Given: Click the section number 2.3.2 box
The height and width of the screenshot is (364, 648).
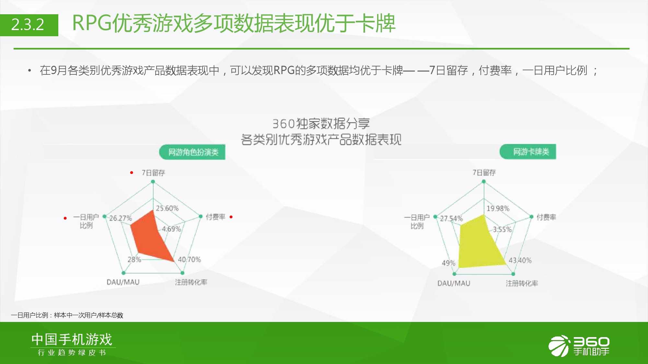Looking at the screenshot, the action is tap(29, 25).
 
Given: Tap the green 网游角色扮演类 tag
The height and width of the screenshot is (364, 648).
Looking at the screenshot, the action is tap(192, 152).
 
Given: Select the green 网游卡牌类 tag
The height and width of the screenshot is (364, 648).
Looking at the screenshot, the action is tap(528, 152).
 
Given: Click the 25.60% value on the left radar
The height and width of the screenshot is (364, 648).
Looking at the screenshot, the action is tap(167, 208).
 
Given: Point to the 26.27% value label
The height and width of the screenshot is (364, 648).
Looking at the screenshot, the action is tap(121, 218).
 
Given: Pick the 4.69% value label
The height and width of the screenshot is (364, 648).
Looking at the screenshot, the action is tap(171, 229).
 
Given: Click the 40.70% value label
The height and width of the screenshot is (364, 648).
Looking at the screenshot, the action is tap(189, 259).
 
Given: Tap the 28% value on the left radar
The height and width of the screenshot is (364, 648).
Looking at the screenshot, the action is tap(134, 259).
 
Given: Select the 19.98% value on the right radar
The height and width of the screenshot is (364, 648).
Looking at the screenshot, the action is tap(498, 208).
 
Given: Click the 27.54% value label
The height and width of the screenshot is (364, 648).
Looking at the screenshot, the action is tap(451, 218).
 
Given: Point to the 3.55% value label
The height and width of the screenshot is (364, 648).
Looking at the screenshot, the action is tap(502, 229).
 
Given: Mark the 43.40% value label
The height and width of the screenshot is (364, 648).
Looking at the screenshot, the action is tap(520, 260).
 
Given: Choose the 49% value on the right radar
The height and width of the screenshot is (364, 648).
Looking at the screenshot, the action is tap(448, 263).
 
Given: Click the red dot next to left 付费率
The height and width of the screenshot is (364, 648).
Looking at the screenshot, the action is tap(231, 217).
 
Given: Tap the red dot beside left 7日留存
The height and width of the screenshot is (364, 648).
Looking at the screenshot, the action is tap(132, 172).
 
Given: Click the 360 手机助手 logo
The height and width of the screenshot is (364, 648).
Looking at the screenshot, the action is tap(579, 346).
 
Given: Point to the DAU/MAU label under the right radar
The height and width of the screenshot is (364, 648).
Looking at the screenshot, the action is tap(454, 283).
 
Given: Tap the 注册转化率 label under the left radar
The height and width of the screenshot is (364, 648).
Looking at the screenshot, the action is tap(191, 282).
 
